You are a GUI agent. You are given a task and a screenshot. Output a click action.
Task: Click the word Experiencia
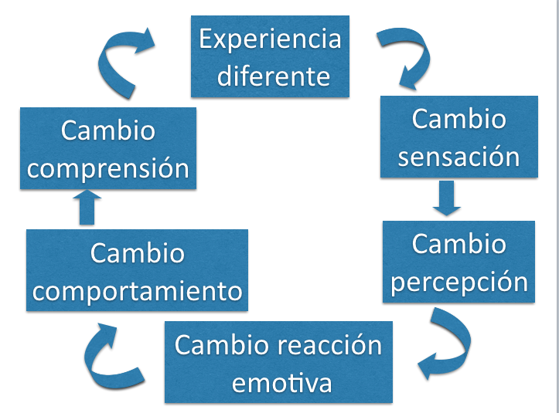[270, 40]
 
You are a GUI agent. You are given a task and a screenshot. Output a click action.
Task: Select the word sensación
[458, 156]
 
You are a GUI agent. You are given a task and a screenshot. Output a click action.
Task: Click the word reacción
[329, 345]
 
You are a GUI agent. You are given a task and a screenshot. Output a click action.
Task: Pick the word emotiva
[281, 383]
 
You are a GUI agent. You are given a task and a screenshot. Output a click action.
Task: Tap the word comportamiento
[138, 291]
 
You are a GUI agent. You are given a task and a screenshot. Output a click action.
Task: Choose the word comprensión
[107, 168]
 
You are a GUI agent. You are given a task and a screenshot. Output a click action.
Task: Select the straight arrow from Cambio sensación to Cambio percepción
[447, 198]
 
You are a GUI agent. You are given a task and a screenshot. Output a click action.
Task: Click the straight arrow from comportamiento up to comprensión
[87, 207]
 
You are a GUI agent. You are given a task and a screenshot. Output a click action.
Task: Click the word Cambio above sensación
[458, 119]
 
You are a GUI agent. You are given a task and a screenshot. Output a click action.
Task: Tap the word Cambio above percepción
[458, 244]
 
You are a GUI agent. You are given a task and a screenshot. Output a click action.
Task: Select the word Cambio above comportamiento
[138, 253]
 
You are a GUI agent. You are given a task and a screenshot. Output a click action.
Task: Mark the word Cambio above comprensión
[108, 130]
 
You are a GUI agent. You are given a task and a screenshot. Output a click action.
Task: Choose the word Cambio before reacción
[222, 345]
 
